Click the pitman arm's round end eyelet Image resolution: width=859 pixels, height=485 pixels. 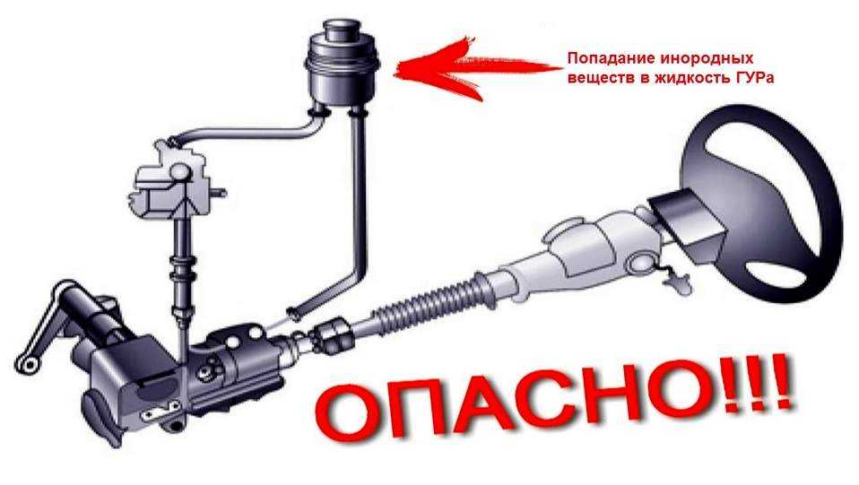click(23, 366)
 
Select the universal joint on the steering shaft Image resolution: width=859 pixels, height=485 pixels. click(333, 335)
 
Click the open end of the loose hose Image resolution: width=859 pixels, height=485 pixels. click(294, 312)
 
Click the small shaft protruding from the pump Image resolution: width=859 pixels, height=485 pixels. click(218, 193)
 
